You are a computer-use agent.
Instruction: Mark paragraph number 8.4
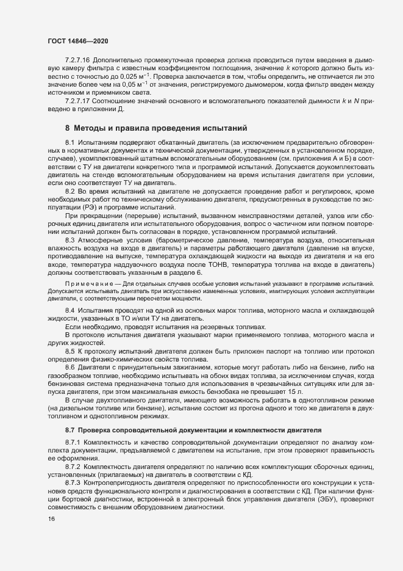[70, 311]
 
